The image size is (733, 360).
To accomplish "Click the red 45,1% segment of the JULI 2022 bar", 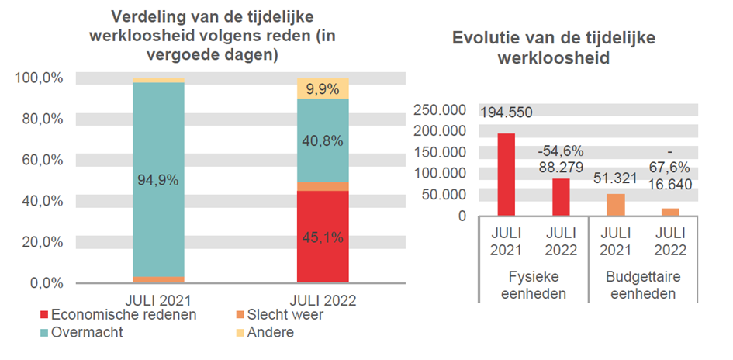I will [323, 237].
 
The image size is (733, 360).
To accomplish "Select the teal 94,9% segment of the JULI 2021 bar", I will [158, 179].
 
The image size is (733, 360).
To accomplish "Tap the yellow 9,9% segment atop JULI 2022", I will [323, 88].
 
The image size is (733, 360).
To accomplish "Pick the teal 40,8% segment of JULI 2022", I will [323, 140].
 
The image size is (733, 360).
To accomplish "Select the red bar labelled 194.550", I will [506, 175].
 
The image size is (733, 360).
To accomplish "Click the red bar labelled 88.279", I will [561, 197].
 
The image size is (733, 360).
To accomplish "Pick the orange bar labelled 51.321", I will [615, 205].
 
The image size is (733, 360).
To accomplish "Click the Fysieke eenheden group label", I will [534, 286].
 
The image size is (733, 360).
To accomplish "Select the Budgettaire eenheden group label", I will [643, 286].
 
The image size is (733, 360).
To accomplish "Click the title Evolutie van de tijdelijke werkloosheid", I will [552, 47].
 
